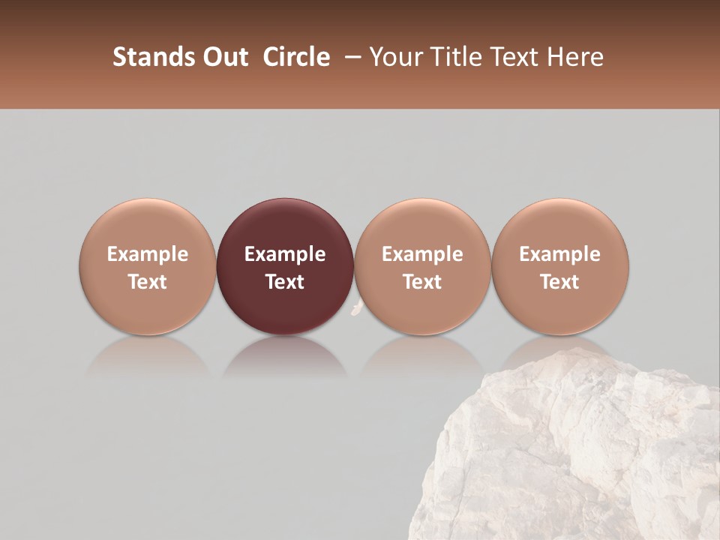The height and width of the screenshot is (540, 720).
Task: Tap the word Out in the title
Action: click(x=223, y=57)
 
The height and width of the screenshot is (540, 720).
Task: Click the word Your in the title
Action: click(x=396, y=57)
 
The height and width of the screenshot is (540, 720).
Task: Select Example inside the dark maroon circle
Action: click(x=285, y=254)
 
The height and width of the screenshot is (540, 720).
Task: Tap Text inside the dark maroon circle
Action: click(x=285, y=282)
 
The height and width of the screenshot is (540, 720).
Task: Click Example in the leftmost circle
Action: click(x=148, y=254)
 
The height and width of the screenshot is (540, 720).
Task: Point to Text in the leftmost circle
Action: click(x=148, y=282)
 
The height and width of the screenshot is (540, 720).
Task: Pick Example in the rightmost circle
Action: click(x=560, y=254)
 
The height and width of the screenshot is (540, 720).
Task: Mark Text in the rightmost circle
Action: click(x=560, y=282)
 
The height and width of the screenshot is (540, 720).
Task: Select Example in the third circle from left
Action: click(x=422, y=254)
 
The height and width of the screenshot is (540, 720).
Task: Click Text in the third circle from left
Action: click(x=422, y=282)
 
